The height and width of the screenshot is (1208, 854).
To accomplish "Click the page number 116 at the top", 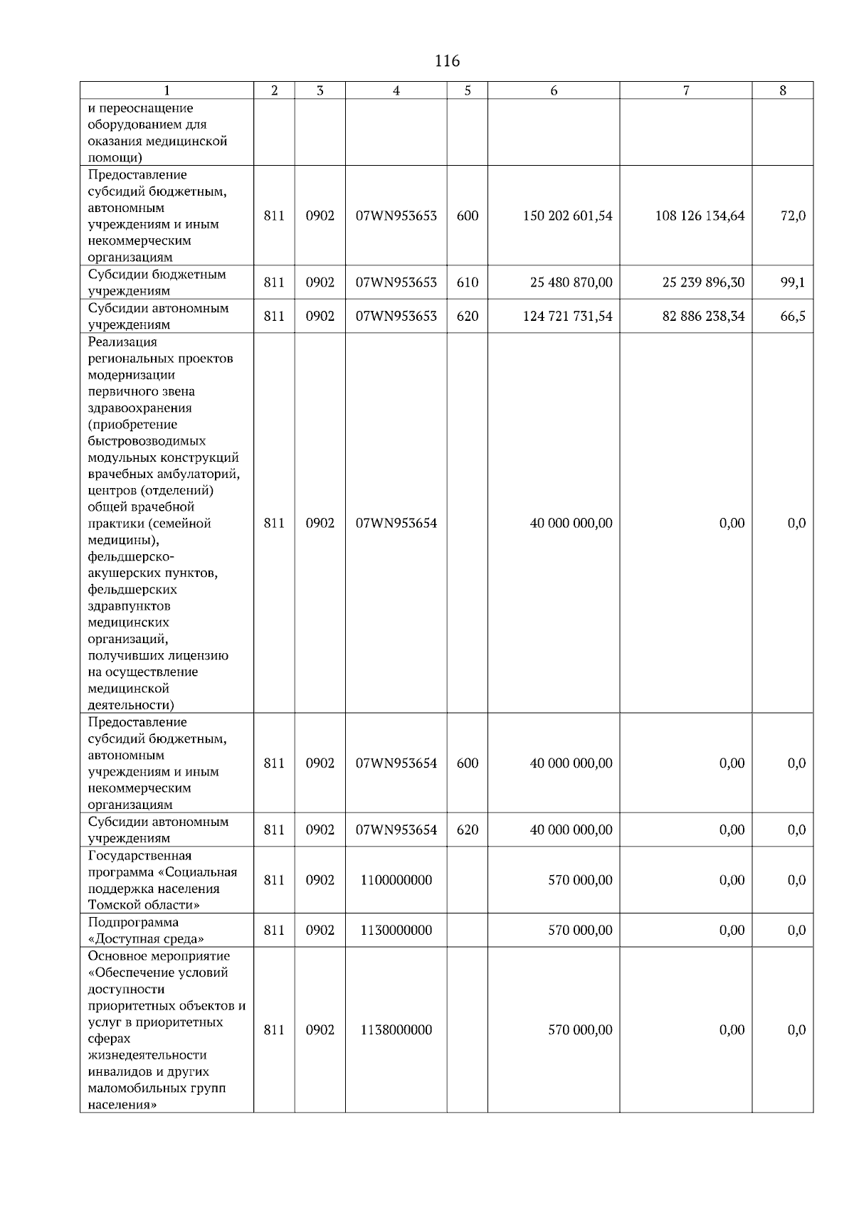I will (447, 61).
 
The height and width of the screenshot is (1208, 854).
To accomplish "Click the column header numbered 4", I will (396, 90).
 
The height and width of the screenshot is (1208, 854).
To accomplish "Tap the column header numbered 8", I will (782, 90).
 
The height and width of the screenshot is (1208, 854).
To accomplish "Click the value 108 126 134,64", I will (700, 216).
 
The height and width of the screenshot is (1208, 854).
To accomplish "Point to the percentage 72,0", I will (792, 216).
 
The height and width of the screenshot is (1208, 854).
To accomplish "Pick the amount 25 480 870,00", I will (571, 282).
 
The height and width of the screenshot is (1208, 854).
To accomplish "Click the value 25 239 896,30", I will (703, 282).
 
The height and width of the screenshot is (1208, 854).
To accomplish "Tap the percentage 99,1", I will (792, 282).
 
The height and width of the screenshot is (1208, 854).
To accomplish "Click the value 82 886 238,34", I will (703, 316).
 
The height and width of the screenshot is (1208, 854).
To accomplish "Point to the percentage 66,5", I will (792, 316).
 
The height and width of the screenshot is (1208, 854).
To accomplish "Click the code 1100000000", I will (396, 880).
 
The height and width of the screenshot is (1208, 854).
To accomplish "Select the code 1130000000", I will (396, 931).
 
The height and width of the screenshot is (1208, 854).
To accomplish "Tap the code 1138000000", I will (396, 1030).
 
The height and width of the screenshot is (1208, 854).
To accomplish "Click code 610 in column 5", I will (467, 282).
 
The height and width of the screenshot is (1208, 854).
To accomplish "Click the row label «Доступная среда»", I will (146, 939).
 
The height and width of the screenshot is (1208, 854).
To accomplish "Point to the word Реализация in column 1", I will (122, 342).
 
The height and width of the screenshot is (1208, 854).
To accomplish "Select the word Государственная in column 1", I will (139, 856).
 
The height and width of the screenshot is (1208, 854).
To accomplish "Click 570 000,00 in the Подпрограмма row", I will (579, 931).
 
